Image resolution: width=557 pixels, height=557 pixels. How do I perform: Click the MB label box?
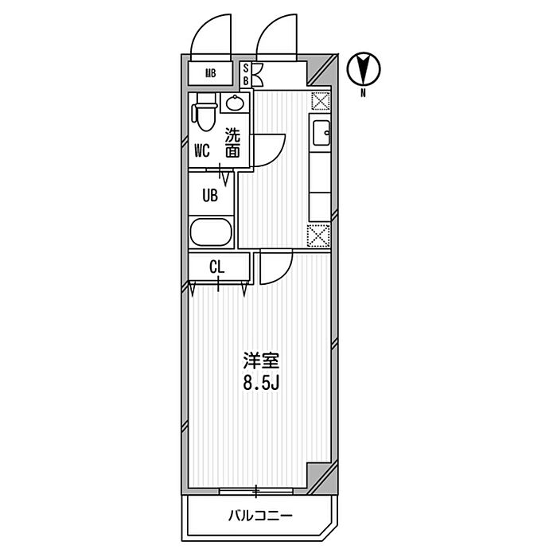click(x=210, y=73)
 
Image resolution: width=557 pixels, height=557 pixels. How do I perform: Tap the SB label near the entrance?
click(x=245, y=74)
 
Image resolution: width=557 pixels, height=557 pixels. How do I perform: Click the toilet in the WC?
click(x=204, y=112)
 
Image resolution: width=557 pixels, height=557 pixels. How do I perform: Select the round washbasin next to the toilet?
click(x=235, y=103)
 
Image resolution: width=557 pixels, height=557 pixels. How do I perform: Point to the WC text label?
click(x=202, y=151)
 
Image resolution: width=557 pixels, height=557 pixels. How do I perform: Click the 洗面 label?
click(x=232, y=142)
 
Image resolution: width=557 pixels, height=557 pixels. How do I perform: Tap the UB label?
click(x=210, y=196)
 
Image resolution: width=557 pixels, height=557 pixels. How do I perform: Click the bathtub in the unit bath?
click(x=211, y=232)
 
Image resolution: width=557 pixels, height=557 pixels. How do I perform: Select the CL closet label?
click(x=217, y=267)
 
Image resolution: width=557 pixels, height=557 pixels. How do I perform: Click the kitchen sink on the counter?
click(x=321, y=133)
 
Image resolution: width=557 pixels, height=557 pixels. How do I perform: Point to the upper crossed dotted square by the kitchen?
click(x=321, y=101)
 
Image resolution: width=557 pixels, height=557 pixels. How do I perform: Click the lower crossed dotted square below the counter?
click(x=318, y=236)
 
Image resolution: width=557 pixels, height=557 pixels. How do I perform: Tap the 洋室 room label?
click(x=261, y=361)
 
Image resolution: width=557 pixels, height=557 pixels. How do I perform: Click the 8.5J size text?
click(x=262, y=383)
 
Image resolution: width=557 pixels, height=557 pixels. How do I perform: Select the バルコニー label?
click(x=260, y=516)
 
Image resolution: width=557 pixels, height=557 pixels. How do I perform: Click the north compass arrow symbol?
click(x=364, y=69)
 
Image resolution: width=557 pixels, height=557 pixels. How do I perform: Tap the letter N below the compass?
click(x=363, y=93)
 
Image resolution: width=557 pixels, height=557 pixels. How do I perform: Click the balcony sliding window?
click(x=255, y=492)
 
